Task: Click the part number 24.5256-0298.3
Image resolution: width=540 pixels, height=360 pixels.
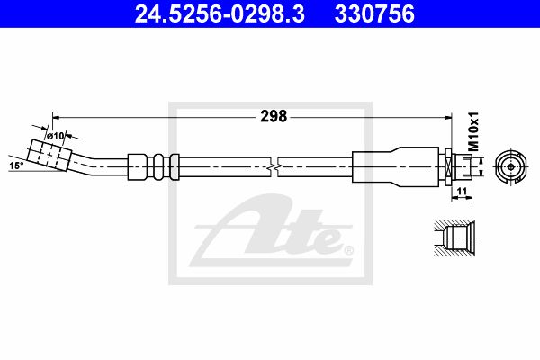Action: tap(220, 14)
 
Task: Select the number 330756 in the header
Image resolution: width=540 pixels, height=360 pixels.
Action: tap(374, 14)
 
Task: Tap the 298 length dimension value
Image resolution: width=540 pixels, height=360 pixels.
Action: tap(274, 116)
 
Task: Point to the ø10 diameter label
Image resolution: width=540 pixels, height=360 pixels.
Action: tap(56, 136)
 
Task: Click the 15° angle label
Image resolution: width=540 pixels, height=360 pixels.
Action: tap(16, 166)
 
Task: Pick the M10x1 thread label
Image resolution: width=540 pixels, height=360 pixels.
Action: tap(474, 131)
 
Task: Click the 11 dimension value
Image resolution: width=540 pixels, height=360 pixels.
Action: tap(462, 192)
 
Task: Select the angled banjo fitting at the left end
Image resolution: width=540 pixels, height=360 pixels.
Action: tap(49, 155)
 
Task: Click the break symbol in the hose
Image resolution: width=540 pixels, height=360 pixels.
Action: tap(274, 167)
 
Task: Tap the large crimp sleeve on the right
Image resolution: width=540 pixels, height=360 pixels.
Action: tap(395, 167)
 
